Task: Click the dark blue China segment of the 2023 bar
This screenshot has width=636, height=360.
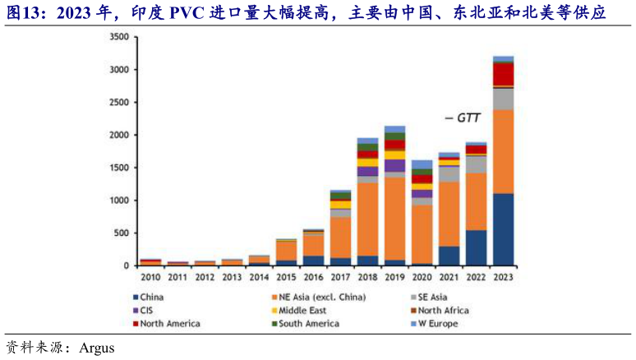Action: [503, 229]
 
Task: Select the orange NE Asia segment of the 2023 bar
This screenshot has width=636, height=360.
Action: [503, 151]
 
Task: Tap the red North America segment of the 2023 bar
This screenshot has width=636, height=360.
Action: [503, 74]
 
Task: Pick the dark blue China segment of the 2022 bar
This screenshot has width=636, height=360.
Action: [476, 247]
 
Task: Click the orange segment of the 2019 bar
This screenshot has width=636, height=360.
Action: [394, 219]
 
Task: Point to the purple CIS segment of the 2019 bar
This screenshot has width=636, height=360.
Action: [394, 165]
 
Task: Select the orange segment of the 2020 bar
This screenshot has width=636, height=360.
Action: [422, 233]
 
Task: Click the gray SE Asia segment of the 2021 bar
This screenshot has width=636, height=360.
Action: [449, 173]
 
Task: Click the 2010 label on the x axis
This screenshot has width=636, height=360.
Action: [150, 277]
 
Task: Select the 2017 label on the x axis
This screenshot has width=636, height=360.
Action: [340, 277]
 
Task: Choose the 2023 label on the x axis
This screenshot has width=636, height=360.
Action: [503, 277]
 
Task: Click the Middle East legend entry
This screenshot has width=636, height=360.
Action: [304, 311]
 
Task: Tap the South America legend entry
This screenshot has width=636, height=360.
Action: [309, 324]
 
